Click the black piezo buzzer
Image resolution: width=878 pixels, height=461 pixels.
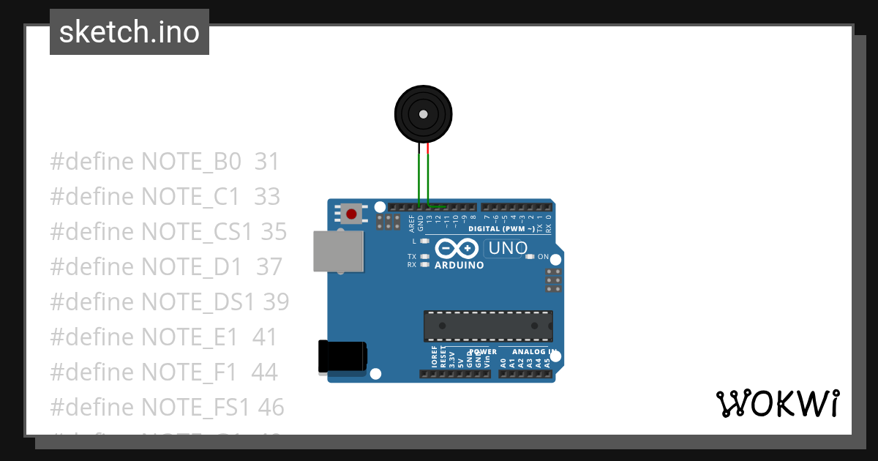tap(423, 114)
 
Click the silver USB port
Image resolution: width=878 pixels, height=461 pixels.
tap(337, 252)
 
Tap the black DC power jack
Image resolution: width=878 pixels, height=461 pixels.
tap(342, 358)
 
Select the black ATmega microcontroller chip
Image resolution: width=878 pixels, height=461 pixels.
tap(488, 326)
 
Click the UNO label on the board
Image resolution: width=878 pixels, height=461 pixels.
tap(508, 249)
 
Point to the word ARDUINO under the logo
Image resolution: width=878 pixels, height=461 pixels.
tap(459, 266)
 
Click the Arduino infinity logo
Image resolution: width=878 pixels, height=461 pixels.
tap(457, 248)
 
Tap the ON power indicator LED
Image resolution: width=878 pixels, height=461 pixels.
tap(530, 257)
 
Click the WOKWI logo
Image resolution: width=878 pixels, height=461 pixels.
tap(777, 403)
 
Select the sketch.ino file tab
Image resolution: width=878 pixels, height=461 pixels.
tap(130, 32)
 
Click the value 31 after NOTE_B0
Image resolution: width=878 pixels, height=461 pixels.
tap(267, 162)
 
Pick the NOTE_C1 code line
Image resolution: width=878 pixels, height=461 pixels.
tap(165, 197)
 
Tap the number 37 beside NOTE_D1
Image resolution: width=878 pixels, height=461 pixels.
tap(269, 267)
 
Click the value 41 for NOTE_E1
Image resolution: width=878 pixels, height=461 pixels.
tap(265, 337)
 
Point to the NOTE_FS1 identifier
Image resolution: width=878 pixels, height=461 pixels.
tap(195, 407)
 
